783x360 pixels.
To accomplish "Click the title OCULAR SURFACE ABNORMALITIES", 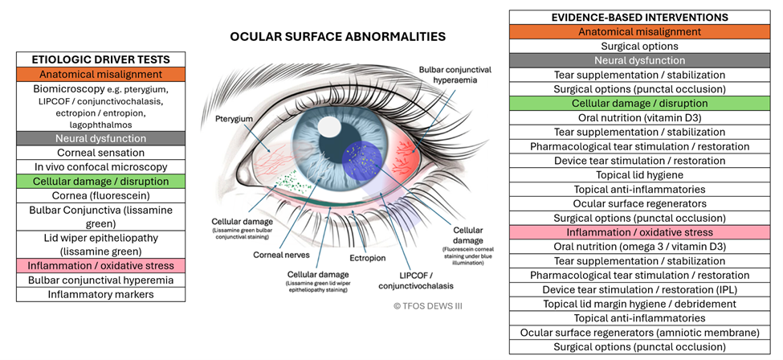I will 337,37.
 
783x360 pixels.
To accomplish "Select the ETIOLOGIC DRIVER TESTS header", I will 101,59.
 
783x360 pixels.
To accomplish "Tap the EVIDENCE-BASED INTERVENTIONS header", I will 639,17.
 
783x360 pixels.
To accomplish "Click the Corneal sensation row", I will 101,152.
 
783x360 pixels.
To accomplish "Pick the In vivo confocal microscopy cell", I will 101,166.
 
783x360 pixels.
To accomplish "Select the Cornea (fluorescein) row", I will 101,196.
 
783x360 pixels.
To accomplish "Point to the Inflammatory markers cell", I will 101,294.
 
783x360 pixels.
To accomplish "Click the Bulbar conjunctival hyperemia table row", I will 101,280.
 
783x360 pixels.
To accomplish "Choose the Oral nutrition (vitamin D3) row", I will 639,118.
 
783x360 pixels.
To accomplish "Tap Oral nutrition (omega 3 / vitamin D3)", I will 639,247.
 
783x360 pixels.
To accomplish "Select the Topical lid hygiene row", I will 639,175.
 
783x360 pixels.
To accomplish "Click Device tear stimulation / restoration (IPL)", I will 639,289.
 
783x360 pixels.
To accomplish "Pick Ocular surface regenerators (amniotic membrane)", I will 639,333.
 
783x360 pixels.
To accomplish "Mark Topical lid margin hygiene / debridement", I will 639,304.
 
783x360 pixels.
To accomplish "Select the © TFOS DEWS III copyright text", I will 429,305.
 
